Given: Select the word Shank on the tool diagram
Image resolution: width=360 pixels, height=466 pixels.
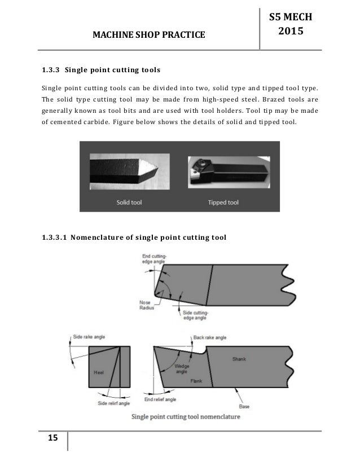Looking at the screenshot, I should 240,359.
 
